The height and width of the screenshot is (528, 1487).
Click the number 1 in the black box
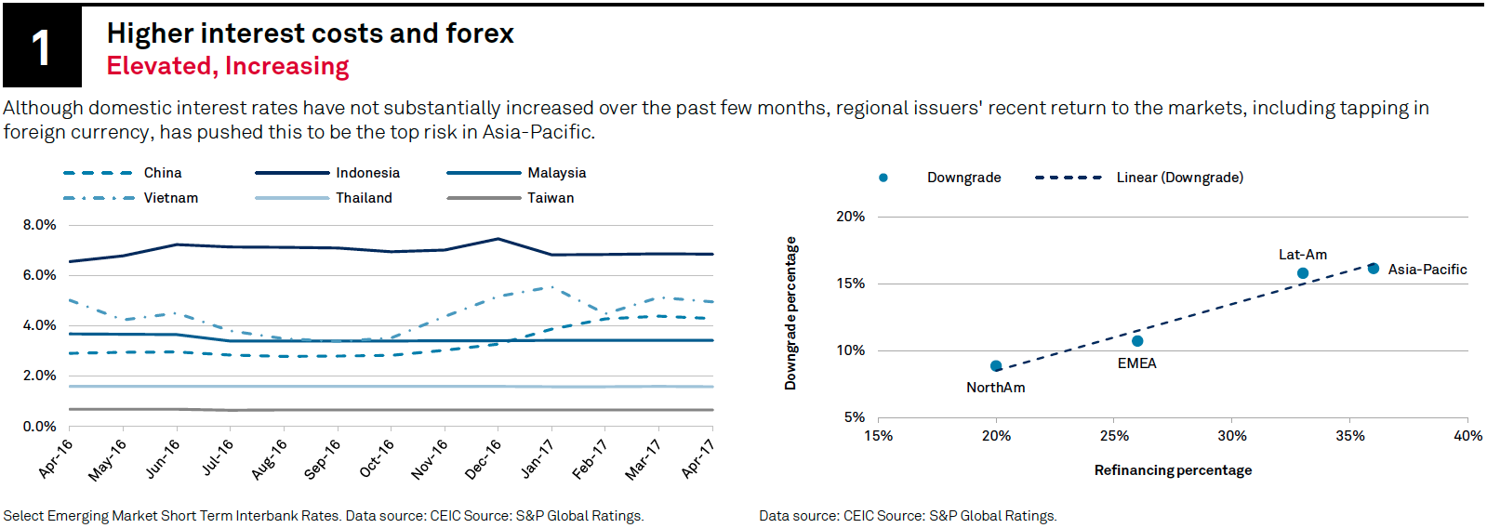[41, 47]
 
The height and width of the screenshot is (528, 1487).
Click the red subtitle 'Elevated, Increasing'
[228, 66]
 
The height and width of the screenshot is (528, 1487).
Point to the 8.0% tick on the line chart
[40, 225]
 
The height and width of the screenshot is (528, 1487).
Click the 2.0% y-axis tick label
[40, 376]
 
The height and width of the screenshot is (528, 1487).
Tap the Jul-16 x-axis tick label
[218, 457]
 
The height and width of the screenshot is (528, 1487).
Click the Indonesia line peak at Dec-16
[498, 239]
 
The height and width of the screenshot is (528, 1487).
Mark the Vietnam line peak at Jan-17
[551, 286]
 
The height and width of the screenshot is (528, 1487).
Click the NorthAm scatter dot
[996, 366]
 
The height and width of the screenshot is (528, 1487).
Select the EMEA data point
[1137, 341]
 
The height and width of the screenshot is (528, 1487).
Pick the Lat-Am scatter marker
[1303, 273]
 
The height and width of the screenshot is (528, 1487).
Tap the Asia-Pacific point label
[1427, 270]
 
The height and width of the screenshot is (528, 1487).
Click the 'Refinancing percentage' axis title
[1173, 470]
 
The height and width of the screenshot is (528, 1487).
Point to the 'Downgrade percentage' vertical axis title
[790, 313]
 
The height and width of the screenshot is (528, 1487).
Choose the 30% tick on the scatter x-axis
[1232, 436]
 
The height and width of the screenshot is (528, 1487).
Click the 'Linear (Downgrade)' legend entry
[1179, 178]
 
